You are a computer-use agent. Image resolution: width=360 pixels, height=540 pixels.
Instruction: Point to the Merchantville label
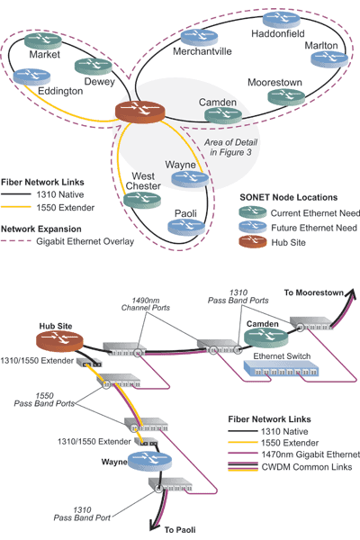coord(202,51)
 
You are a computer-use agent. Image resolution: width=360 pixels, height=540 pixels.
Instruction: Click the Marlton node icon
coord(328,59)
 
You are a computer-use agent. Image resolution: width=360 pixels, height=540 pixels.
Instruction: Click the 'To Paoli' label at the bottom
coord(183,529)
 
